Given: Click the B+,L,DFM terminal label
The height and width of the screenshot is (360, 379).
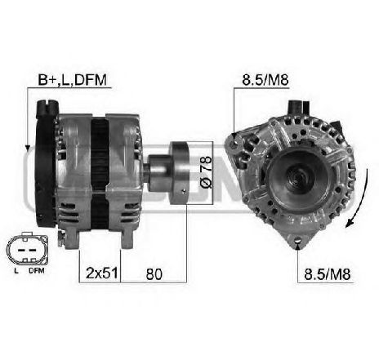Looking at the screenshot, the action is tap(73, 80).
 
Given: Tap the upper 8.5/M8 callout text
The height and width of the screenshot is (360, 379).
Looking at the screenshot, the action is tap(265, 80).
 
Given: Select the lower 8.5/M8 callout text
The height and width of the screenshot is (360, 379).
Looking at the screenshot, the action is tap(327, 274).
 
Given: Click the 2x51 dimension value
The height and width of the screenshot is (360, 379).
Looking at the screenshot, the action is tap(101, 273).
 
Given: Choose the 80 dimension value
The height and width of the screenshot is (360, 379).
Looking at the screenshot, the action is tap(154, 273).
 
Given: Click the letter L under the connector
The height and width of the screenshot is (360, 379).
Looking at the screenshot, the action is tap(16, 271).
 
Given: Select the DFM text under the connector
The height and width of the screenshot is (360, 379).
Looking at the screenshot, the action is tap(36, 271).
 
